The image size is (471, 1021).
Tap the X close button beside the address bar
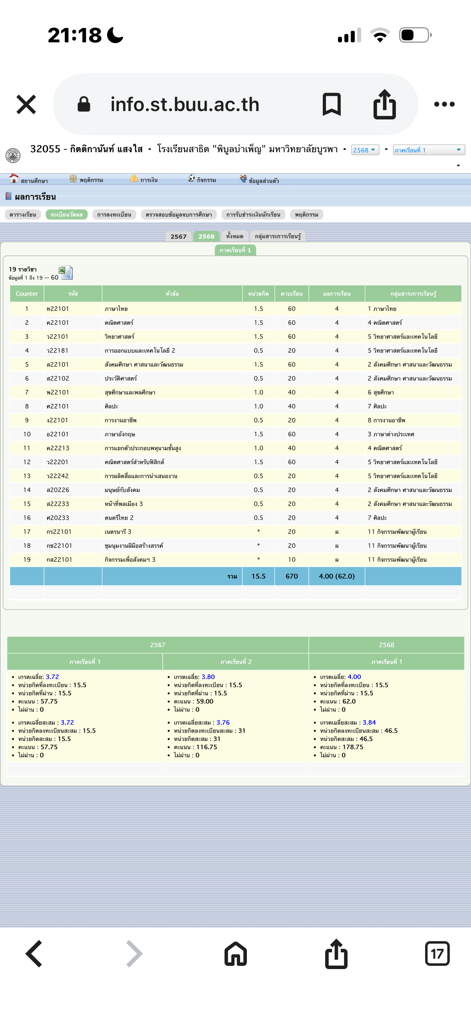point(26,104)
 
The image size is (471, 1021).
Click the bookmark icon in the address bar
point(332,104)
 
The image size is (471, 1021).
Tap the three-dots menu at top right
point(444,104)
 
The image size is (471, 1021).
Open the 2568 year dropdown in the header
point(365,150)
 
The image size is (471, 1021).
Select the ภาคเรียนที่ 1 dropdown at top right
point(429,150)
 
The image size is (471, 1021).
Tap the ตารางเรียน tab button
point(23,215)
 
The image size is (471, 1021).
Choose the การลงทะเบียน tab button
point(114,215)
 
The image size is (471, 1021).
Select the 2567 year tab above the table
point(178,236)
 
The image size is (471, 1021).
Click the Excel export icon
point(66,272)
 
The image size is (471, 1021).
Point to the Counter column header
point(27,294)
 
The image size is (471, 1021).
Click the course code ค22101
point(58,322)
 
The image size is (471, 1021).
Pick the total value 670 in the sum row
point(292,576)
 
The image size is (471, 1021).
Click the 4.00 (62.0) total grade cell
point(337,576)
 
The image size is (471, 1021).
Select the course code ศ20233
point(58,518)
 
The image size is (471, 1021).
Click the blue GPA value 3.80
point(208,677)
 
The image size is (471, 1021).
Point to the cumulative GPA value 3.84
point(369,722)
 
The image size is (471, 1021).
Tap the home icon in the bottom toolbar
point(236,954)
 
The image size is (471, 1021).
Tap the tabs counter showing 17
point(437,954)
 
